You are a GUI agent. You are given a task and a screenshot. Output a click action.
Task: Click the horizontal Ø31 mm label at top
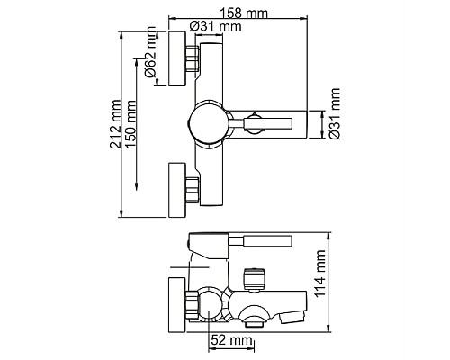[216, 27]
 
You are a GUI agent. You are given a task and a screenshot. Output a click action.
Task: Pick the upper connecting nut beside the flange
[192, 61]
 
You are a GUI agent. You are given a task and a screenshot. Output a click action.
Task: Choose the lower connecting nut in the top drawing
[192, 190]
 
